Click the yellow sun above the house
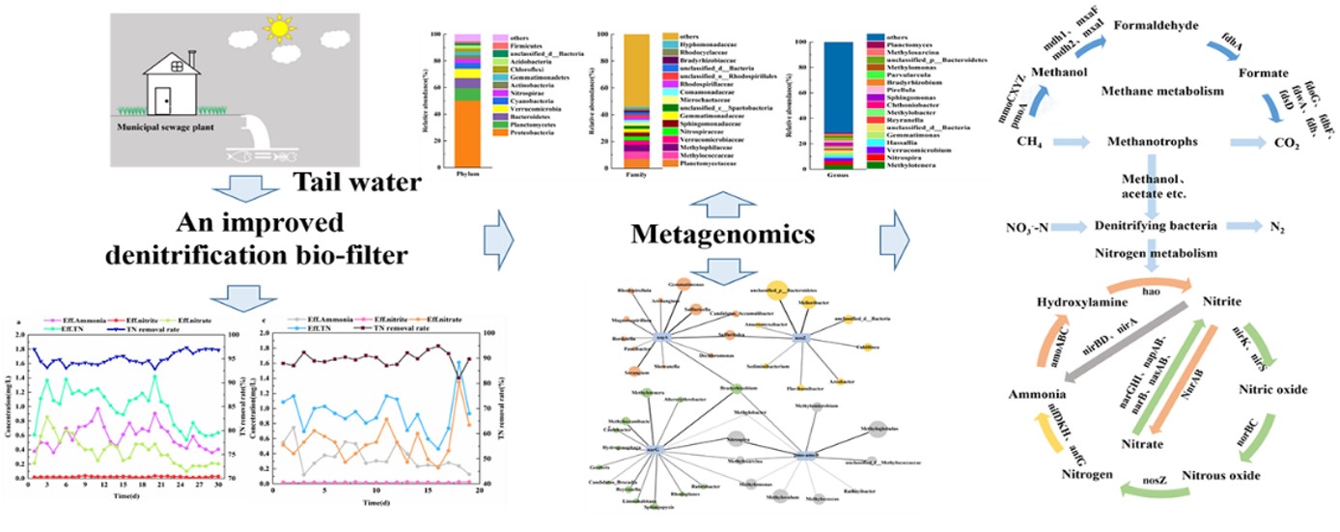[279, 28]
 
